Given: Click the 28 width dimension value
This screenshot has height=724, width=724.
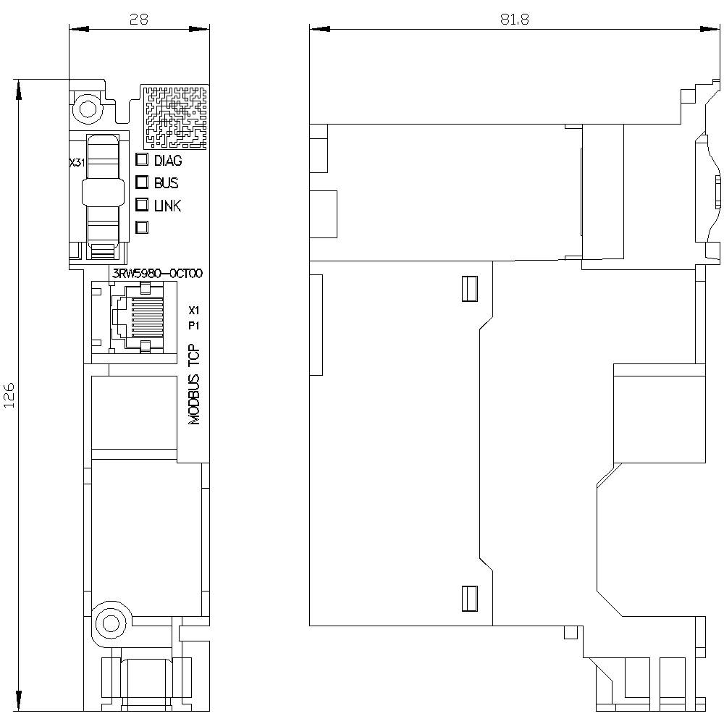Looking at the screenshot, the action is coord(138,20).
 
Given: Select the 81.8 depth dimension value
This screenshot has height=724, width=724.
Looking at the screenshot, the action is coord(514,20).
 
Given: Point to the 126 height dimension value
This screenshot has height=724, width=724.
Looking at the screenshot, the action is coord(9,395).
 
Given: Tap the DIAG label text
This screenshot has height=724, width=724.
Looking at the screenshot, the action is coord(168,161).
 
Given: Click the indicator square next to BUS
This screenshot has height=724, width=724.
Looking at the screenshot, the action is coord(142,182).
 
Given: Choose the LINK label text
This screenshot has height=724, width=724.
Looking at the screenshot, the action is coord(168,206).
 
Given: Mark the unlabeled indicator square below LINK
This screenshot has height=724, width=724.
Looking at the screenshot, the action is coord(142,227).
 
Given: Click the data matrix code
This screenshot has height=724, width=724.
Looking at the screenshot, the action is coord(175,117).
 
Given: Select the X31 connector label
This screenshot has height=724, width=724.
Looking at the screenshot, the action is coord(77,163).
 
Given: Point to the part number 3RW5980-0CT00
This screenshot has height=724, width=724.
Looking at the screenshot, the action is coord(157,274).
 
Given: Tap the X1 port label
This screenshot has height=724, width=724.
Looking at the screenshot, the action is coord(194,311).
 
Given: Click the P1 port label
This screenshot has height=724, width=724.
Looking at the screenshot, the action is coord(194,326).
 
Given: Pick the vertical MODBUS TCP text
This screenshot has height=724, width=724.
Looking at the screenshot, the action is coord(194,384).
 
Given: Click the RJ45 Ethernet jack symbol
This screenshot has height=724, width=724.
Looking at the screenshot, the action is coord(137,318).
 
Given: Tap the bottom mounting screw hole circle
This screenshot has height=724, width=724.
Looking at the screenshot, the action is coord(110,624).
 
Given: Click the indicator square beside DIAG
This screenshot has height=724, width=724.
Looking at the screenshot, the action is coord(142,160).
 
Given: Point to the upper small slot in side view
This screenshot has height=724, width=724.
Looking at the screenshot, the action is coord(470,289).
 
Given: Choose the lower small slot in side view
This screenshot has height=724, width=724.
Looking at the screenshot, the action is coord(470,599).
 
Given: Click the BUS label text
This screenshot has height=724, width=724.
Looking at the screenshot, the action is coord(167,183).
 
